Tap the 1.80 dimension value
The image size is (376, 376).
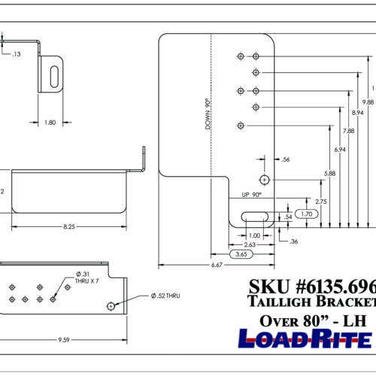pyautogui.click(x=49, y=123)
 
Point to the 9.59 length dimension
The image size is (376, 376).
pyautogui.click(x=66, y=340)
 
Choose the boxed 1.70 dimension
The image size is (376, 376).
pyautogui.click(x=306, y=214)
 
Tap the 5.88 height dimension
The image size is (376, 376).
pyautogui.click(x=329, y=174)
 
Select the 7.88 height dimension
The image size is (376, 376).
pyautogui.click(x=349, y=132)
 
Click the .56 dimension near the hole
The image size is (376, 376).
pyautogui.click(x=285, y=159)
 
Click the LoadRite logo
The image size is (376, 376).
pyautogui.click(x=305, y=338)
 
